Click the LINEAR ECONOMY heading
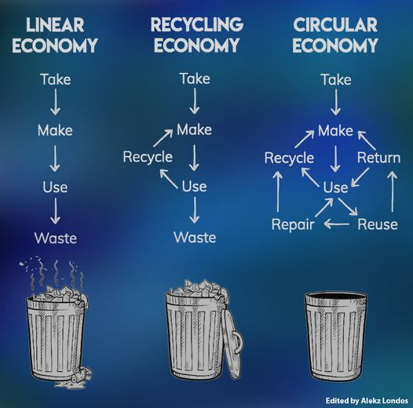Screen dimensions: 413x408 coord(55,35)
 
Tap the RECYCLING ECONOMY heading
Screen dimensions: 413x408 coord(197,35)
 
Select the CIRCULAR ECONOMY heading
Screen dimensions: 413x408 coord(335,35)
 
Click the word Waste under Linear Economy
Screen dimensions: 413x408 coord(56,238)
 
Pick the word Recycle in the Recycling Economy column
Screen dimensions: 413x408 coord(148,158)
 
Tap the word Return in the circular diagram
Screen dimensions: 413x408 coord(378,158)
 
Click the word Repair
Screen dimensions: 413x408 coord(293,225)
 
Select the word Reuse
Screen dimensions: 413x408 coord(378,224)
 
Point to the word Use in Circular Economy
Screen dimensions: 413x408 coord(335,188)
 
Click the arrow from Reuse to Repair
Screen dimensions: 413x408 coord(337,224)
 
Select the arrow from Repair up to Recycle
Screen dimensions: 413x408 coord(278,191)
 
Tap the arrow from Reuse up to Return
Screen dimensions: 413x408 coord(393,191)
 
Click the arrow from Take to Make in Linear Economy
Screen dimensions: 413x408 coord(55,101)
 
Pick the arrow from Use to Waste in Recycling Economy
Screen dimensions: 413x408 coord(195,209)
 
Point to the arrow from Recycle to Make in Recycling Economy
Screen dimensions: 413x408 coord(163,137)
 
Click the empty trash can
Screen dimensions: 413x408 coord(335,336)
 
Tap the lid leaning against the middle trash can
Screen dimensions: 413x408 coord(233,342)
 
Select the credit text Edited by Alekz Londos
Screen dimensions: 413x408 coord(367,401)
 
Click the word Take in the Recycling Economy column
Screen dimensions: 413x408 coord(195,78)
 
